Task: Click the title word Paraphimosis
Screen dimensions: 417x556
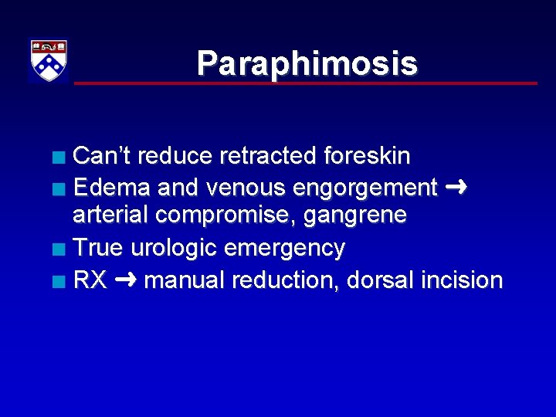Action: click(x=307, y=63)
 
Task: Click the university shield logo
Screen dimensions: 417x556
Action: click(x=49, y=60)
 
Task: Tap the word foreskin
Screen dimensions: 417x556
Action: click(x=366, y=156)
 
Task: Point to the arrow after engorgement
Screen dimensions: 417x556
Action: click(x=456, y=186)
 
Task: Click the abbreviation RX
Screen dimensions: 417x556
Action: click(x=90, y=280)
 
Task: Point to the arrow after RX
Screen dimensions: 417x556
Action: click(x=124, y=279)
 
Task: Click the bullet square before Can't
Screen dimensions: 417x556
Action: click(x=59, y=157)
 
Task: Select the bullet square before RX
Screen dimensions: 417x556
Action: click(x=59, y=280)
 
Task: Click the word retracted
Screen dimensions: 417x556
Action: click(x=269, y=156)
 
